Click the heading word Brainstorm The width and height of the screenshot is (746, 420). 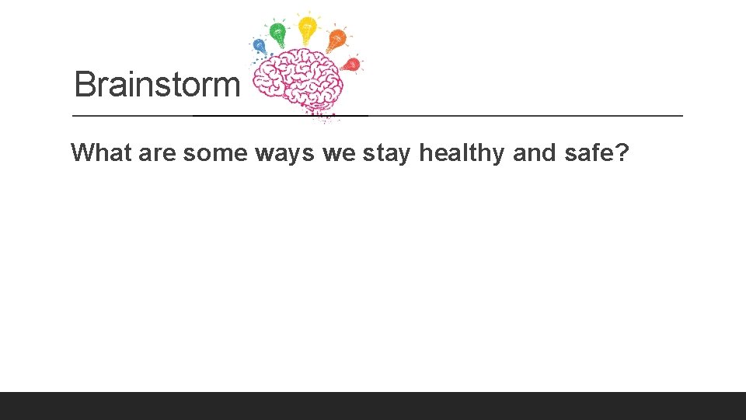point(157,84)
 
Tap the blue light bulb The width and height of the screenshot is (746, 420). point(260,46)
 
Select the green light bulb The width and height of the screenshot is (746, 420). point(277,32)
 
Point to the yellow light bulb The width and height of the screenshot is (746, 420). point(308,27)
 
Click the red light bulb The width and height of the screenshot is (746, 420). point(351,64)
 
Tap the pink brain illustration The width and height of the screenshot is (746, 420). point(300,82)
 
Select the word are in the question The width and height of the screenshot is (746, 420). point(158,153)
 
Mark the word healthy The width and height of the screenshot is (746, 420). point(461,153)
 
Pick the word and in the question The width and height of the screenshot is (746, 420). point(535,152)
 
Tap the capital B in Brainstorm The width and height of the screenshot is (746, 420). point(85,84)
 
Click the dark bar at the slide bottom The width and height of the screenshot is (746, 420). point(373,406)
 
